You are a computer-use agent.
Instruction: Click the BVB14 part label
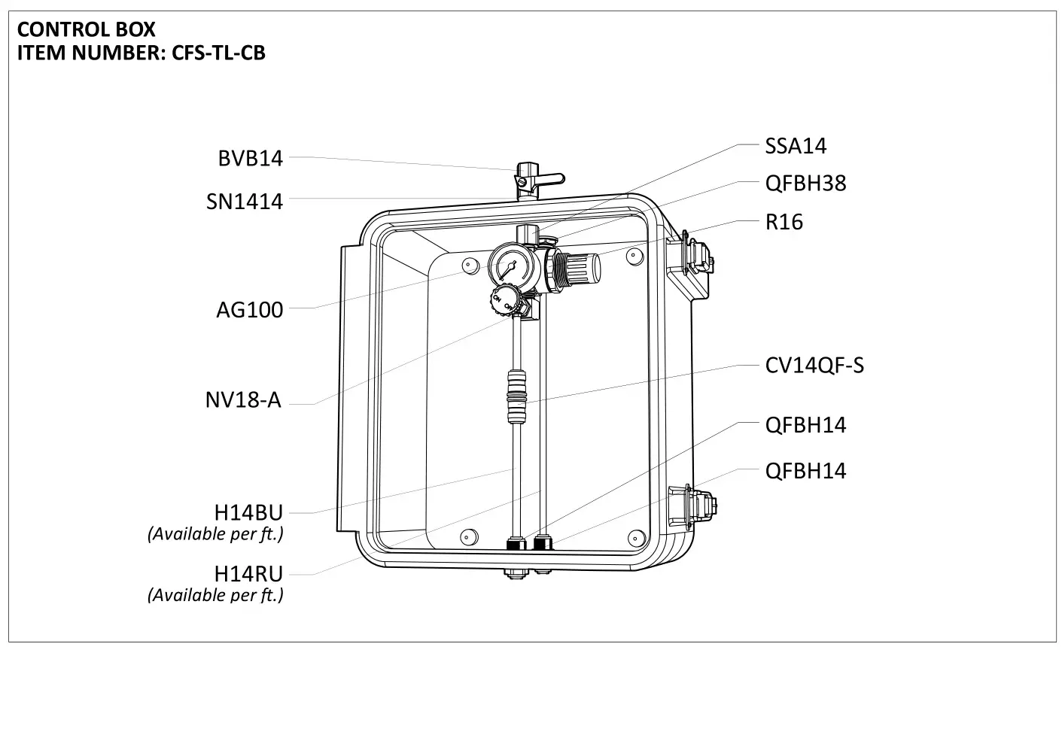[250, 158]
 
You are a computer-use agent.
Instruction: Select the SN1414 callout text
[245, 202]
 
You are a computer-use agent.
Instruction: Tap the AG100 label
[249, 309]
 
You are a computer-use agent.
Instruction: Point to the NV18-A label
[243, 399]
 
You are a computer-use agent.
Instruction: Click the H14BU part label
[248, 512]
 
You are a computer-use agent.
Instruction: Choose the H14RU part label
[248, 573]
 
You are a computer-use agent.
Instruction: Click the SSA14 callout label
[796, 145]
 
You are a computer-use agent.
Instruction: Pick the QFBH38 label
[805, 183]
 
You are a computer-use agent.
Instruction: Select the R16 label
[784, 222]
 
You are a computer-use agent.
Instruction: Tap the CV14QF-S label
[814, 365]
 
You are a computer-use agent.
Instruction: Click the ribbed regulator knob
[584, 266]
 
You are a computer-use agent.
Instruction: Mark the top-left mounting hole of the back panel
[470, 265]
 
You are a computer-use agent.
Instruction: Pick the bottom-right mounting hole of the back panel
[636, 537]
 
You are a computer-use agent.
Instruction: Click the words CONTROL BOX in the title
[86, 29]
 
